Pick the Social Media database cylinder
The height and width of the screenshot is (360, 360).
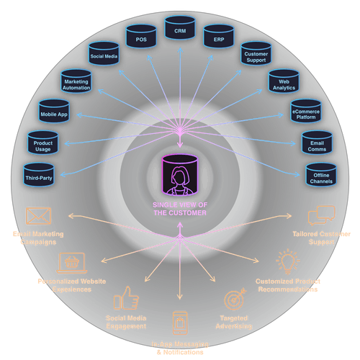click(104, 53)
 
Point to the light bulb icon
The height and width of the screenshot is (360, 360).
click(287, 261)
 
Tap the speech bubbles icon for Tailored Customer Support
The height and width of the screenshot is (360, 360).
click(321, 217)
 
